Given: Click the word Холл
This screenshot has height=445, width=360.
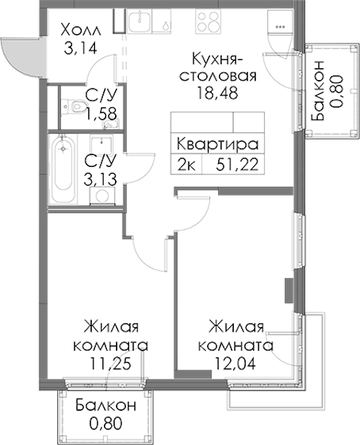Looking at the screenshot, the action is (x=81, y=30).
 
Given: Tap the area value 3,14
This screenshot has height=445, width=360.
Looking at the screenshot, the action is (x=81, y=48).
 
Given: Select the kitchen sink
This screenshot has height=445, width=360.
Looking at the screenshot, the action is (x=139, y=21).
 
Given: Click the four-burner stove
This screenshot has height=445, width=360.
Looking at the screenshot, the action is (x=208, y=21).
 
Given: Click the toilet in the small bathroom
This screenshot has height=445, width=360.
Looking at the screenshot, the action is (x=73, y=106).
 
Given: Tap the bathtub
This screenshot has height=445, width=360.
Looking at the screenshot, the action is (x=62, y=168).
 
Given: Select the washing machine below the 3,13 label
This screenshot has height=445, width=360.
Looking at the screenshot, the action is (x=102, y=196).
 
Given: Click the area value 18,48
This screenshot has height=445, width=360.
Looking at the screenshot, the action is (x=217, y=93).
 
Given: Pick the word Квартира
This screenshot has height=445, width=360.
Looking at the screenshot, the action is (x=217, y=144).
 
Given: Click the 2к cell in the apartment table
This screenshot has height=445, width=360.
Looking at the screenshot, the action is (x=186, y=165).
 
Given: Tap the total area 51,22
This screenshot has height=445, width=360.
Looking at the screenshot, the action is (x=238, y=165).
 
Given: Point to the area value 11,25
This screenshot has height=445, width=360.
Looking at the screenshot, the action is (x=111, y=363).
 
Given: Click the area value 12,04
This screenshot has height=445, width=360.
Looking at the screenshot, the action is (x=235, y=363).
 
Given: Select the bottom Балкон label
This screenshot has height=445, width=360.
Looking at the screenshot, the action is (x=106, y=406).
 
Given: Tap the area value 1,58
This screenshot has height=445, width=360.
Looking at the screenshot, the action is (x=102, y=113).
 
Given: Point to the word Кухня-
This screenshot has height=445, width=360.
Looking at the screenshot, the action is (x=217, y=59).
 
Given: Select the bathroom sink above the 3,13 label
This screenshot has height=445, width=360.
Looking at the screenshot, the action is (x=102, y=145).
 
